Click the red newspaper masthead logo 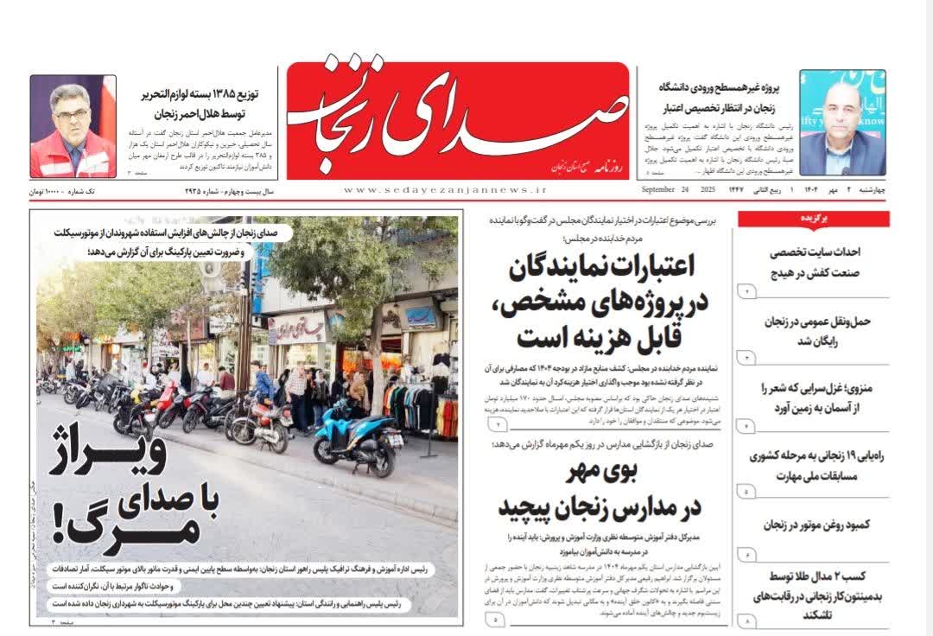(457, 121)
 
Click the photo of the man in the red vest (73, 126)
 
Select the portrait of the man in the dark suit (841, 123)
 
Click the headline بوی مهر (600, 473)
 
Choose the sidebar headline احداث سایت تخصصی (821, 252)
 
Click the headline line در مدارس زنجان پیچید (600, 508)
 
